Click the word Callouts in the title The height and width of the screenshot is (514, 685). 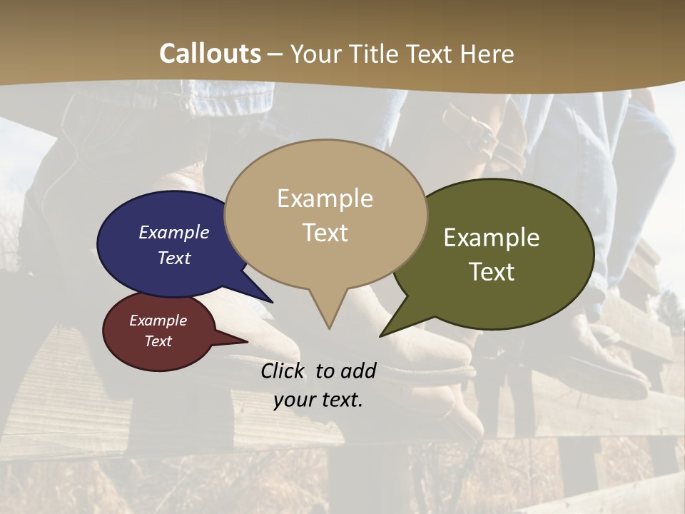[x=210, y=54]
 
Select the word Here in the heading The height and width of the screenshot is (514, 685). [x=488, y=54]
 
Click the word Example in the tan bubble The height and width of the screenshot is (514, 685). [x=325, y=198]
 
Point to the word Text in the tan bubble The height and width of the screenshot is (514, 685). [x=325, y=233]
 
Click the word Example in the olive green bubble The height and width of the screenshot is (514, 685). [x=492, y=238]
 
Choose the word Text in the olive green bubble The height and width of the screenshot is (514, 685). [x=492, y=272]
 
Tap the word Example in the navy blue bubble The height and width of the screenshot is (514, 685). [x=174, y=232]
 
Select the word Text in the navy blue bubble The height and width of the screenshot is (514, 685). [x=174, y=258]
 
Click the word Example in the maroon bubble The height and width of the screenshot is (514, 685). [x=158, y=321]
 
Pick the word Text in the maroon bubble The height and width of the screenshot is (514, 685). [x=158, y=341]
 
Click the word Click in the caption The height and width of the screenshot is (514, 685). [x=284, y=371]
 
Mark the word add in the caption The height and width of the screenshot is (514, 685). [x=358, y=371]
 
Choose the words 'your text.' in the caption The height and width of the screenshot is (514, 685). [x=318, y=400]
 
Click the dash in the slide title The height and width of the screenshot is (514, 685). [x=275, y=54]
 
